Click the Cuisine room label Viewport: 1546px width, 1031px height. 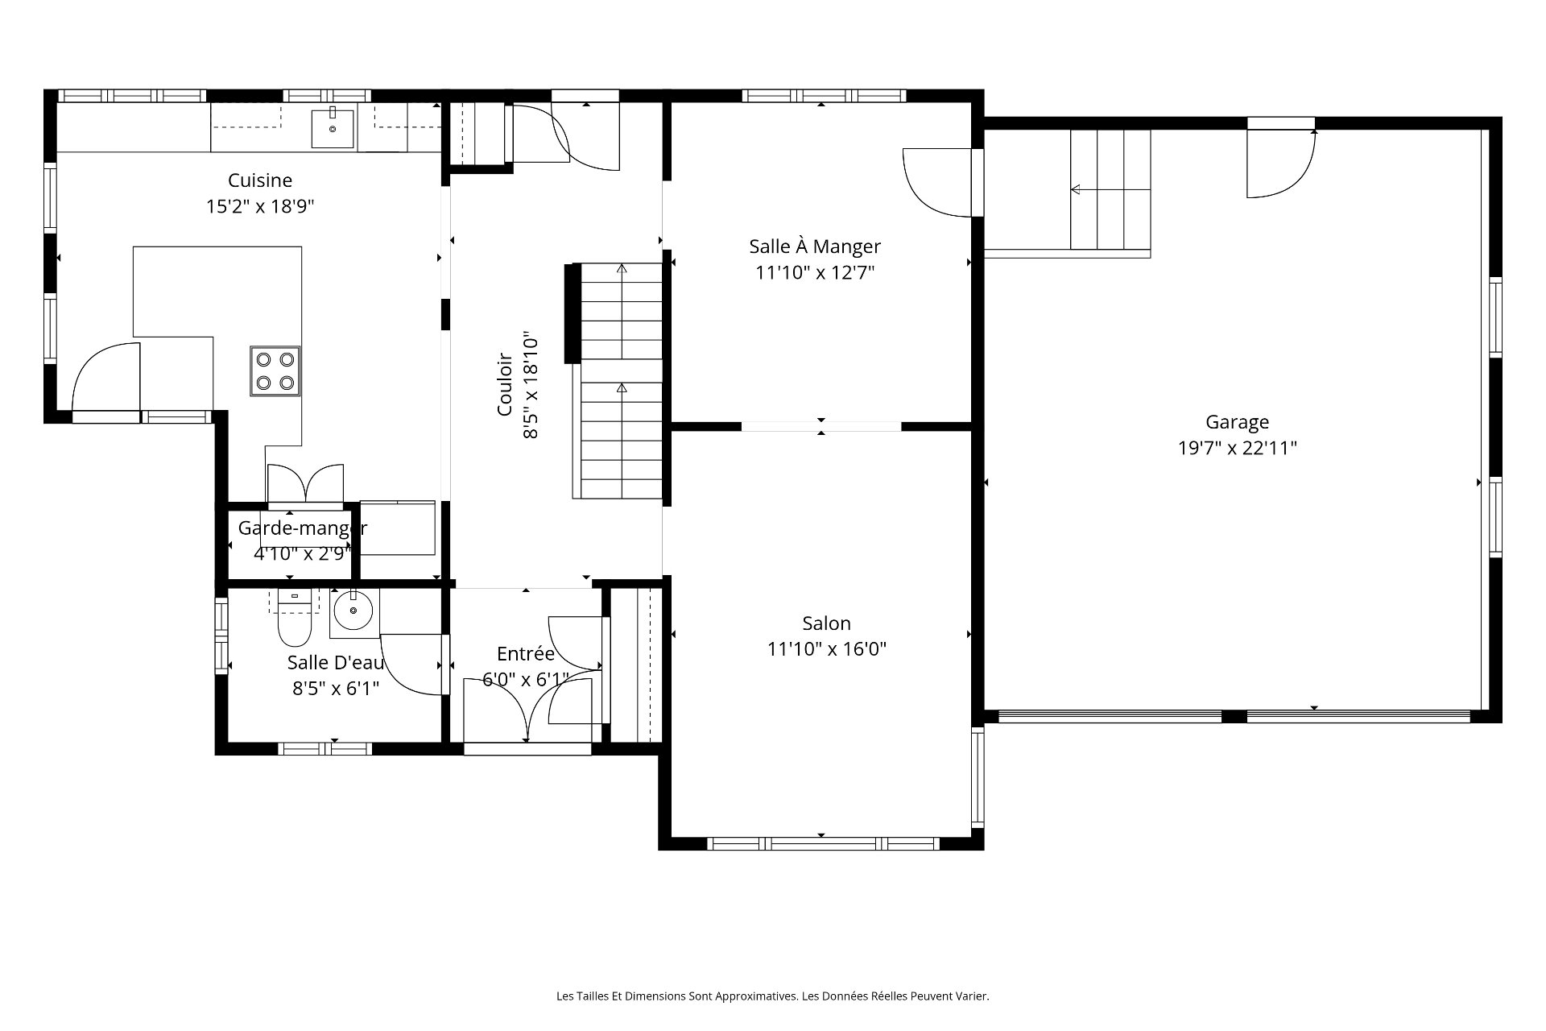coord(259,180)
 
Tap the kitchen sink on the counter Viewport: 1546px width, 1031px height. coord(333,129)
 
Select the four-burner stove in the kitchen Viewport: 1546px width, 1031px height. coord(275,371)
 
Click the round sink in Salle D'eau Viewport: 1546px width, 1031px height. coord(352,611)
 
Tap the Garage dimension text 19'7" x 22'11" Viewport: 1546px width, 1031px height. coord(1238,448)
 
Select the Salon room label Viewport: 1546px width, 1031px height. coord(826,623)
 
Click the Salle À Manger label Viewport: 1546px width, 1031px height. coord(815,246)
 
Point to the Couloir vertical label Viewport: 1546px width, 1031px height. coord(505,384)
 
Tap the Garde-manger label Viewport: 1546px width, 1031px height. coord(303,528)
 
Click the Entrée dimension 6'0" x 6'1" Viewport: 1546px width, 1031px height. coord(526,680)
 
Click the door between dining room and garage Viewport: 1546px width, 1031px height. coord(938,183)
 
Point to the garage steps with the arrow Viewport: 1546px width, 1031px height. coord(1110,190)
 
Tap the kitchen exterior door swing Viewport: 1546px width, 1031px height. coord(105,377)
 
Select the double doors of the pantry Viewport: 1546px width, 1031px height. coord(305,483)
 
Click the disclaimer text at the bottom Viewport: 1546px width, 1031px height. coord(773,996)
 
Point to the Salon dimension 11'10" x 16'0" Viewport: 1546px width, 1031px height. coord(827,649)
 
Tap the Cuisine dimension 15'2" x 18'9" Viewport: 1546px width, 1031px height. coord(260,206)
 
